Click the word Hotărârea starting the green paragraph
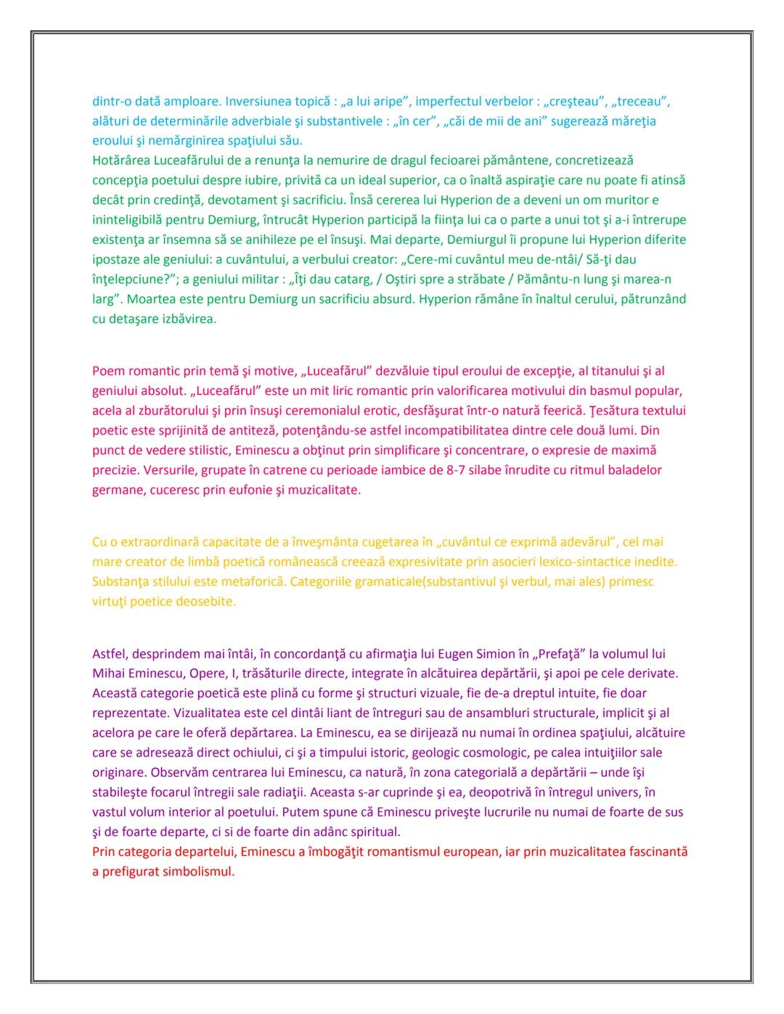121,160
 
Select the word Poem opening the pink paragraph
107,372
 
